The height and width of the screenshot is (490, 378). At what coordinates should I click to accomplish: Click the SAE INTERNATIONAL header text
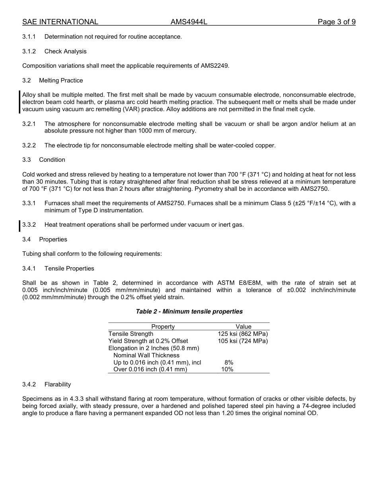point(60,22)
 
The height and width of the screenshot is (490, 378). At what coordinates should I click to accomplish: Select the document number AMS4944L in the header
point(189,22)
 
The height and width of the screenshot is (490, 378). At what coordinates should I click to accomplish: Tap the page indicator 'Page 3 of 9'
point(336,22)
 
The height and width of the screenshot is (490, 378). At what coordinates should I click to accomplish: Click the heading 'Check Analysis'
point(65,51)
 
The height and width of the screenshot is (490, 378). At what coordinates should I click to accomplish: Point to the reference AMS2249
point(215,66)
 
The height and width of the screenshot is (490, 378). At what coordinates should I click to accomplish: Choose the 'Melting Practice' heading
point(61,80)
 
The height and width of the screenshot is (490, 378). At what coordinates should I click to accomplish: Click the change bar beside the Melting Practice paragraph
point(20,102)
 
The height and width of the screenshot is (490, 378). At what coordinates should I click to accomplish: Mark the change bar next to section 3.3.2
point(20,225)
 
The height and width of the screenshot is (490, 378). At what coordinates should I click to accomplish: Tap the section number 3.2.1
point(29,124)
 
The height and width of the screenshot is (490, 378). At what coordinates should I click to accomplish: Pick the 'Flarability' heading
point(58,384)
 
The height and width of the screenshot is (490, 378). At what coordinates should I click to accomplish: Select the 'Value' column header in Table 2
point(244,327)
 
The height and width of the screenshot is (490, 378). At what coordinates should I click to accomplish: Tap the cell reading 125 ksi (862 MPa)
point(243,334)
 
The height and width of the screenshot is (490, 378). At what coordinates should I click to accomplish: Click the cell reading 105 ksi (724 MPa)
point(243,341)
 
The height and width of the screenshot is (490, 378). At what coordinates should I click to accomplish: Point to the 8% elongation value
point(229,363)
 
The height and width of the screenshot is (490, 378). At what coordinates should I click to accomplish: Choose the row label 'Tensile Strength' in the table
point(131,334)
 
